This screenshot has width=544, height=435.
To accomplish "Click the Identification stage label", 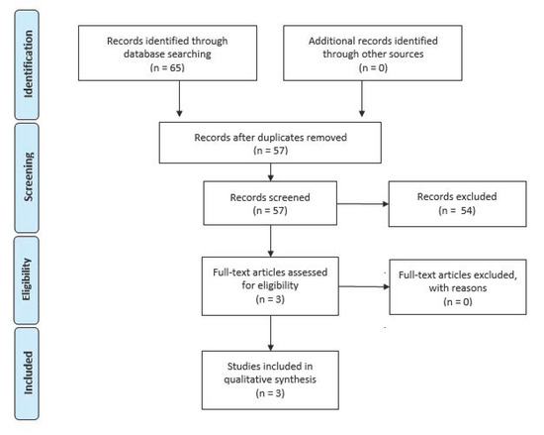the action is coord(28,63).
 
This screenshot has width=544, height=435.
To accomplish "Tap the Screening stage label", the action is coord(28,176).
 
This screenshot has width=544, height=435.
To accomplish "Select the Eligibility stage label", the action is coord(27,279).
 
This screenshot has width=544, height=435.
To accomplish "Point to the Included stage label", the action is coord(28,373).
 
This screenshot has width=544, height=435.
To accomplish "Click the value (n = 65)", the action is coord(167,67).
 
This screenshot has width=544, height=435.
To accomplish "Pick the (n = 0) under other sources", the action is coord(373,67).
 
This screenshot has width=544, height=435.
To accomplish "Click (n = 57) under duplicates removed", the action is coord(271,151).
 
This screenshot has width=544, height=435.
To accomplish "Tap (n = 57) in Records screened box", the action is coord(270,210).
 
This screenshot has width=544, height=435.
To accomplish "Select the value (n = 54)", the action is coord(457,210).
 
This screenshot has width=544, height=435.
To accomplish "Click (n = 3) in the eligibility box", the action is coord(270,299).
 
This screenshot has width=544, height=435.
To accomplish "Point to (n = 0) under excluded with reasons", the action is coord(458,301).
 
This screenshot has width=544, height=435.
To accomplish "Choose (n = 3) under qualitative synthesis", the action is coord(270,393).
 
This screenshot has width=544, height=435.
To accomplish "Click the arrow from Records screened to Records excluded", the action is coord(363,204).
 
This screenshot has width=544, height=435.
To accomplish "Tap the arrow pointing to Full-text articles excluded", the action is coord(364,286).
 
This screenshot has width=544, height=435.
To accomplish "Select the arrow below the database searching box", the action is coord(179,99).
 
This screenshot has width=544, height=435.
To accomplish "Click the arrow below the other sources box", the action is coord(362,99).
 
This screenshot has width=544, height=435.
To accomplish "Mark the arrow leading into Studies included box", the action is coord(271,333).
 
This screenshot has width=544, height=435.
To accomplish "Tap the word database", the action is coord(143,54).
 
